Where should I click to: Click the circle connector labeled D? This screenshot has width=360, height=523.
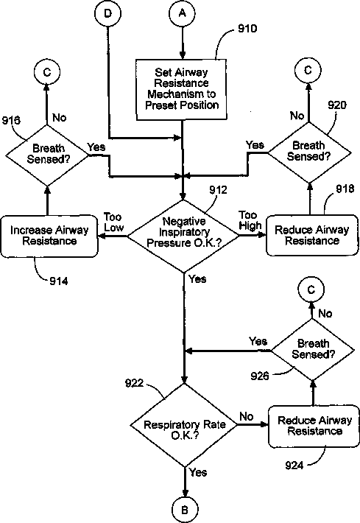click(107, 13)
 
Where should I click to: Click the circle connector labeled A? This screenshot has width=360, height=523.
click(182, 13)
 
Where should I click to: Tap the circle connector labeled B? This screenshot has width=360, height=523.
click(185, 510)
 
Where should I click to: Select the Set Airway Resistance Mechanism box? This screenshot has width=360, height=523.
click(182, 89)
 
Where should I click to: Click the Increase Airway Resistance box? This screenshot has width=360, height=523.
click(49, 236)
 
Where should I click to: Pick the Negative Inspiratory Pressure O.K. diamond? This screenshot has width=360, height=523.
click(183, 236)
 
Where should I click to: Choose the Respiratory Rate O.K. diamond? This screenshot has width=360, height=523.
click(184, 425)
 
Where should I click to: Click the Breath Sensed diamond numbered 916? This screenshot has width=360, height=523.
click(47, 155)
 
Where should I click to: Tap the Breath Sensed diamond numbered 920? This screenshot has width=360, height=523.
click(309, 152)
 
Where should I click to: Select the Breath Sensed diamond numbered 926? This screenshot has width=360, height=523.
click(313, 350)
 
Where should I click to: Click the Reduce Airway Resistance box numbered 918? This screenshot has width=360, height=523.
click(312, 235)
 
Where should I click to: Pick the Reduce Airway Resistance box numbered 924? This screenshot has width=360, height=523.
click(314, 426)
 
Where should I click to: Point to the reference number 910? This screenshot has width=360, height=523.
click(247, 29)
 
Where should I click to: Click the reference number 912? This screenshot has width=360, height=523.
click(218, 189)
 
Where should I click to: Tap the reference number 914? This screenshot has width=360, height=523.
click(59, 281)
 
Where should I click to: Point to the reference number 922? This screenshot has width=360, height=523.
click(134, 383)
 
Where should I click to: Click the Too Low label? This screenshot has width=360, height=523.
click(113, 222)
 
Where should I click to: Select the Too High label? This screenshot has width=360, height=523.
click(250, 220)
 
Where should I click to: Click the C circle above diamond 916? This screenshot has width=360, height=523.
click(47, 72)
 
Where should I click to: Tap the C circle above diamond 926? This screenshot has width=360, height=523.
click(311, 289)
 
